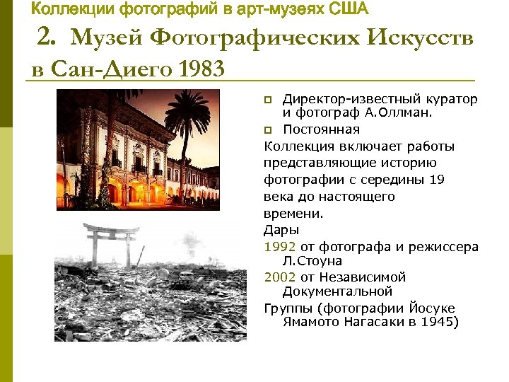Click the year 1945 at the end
click(x=438, y=322)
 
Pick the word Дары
click(x=281, y=229)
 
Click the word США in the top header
click(x=349, y=9)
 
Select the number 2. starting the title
click(x=51, y=39)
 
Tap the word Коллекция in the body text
click(x=295, y=146)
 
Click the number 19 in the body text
click(x=437, y=180)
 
